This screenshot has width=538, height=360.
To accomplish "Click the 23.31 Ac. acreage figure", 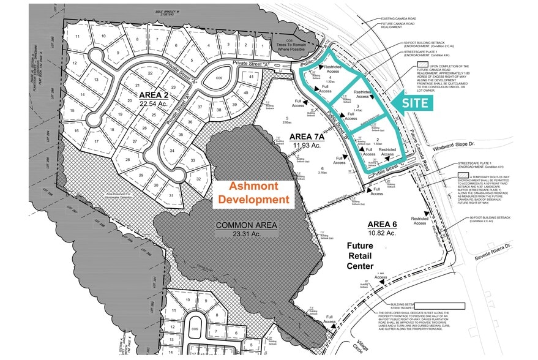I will (x=247, y=234).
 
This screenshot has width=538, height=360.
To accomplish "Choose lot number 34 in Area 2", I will (x=173, y=151).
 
